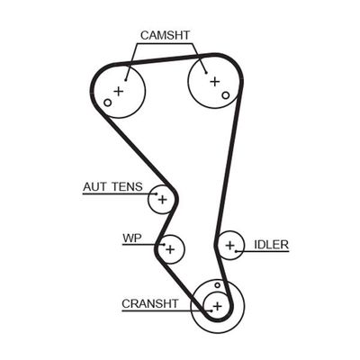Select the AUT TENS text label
coord(112,186)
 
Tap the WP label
coord(132,238)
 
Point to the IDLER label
coord(270,244)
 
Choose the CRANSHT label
coord(150,303)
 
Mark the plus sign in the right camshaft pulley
coord(214,82)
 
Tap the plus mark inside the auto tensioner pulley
coord(163,199)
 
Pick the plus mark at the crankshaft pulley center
coord(216,305)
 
